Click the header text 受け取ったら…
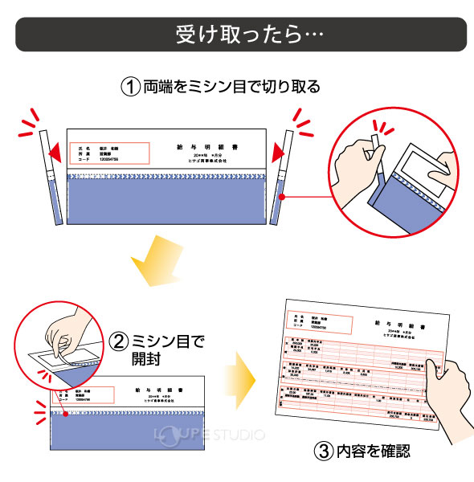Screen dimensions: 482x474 pos(237,36)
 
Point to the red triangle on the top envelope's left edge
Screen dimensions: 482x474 pos(56,152)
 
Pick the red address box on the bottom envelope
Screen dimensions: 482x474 pos(80,394)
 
